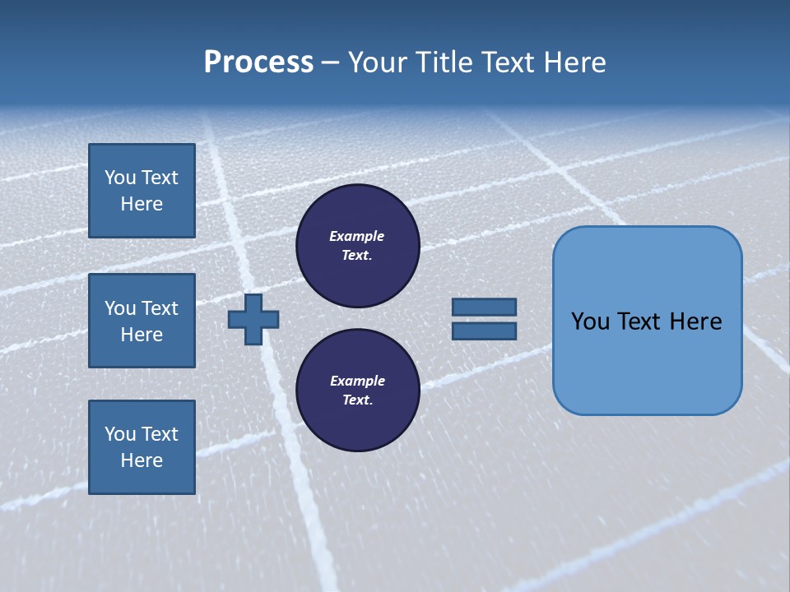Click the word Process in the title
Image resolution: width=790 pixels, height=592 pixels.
point(258,62)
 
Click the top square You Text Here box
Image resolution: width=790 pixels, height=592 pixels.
point(142,191)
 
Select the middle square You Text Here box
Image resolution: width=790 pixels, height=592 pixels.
point(142,321)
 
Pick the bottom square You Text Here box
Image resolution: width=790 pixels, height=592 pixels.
point(142,446)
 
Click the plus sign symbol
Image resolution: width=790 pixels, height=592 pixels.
point(253,319)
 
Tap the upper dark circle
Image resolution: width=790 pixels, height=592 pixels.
point(358,246)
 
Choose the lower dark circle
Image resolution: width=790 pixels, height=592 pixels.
point(358,390)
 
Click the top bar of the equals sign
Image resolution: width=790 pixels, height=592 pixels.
point(484,307)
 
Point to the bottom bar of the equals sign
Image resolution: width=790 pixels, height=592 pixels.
point(484,331)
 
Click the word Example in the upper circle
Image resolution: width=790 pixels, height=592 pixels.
point(356,236)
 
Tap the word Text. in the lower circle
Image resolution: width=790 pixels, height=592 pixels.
point(357,400)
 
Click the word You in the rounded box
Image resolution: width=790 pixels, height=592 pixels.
point(591,321)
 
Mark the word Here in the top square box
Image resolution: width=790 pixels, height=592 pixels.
point(142,204)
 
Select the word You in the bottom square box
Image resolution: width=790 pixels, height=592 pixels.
point(120,434)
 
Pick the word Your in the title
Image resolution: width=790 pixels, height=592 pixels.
point(378,62)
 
